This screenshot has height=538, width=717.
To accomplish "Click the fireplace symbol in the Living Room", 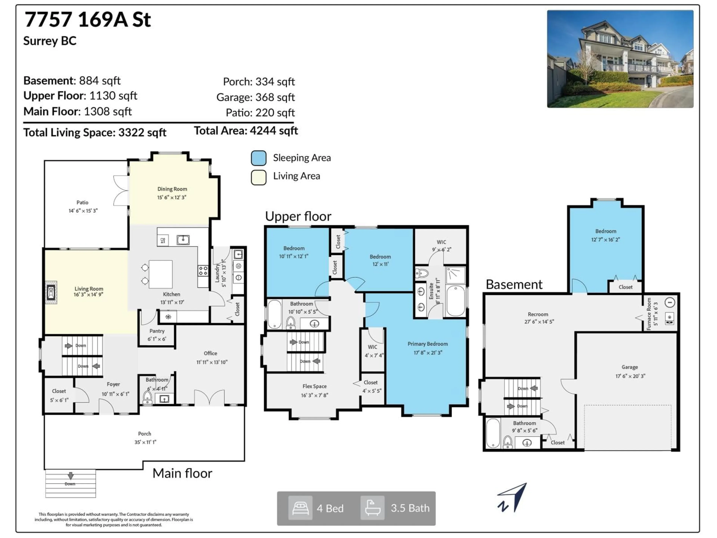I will (51, 292).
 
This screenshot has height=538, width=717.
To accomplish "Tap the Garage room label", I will (629, 367).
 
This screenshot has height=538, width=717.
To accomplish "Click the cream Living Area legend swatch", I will (259, 177).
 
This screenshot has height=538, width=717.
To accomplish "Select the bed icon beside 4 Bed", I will (300, 508).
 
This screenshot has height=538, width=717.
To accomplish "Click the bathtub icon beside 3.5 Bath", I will (373, 508).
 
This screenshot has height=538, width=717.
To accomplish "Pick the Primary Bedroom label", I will (428, 344).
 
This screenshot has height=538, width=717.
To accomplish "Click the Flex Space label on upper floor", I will (314, 386).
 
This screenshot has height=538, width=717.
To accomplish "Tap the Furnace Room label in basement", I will (649, 314).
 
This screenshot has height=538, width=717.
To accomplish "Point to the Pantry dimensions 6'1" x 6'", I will (157, 339).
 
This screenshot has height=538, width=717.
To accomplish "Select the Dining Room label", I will (172, 189).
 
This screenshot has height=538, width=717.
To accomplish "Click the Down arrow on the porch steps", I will (70, 476).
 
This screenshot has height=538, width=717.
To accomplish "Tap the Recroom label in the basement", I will (538, 314).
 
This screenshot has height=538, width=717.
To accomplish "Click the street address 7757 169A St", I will (88, 19).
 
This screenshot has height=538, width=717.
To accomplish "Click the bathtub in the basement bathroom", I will (493, 433).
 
